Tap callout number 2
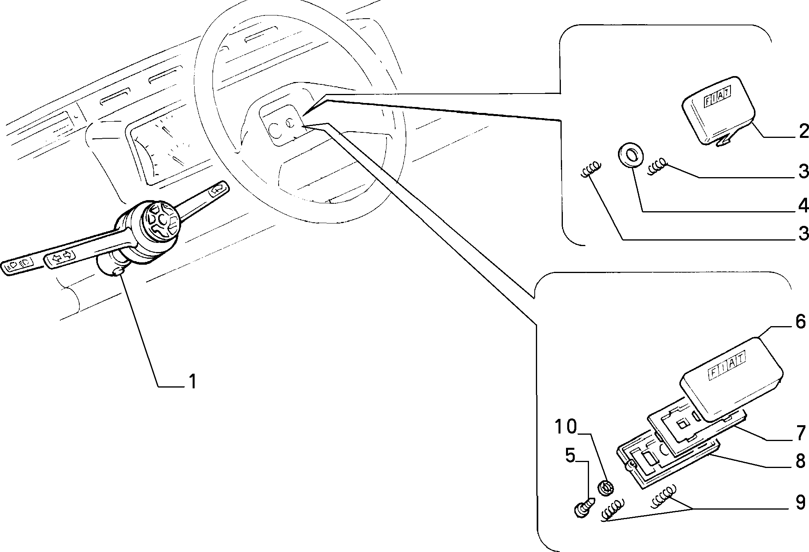803,131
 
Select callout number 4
803,206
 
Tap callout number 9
800,502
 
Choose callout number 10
566,427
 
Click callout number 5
570,456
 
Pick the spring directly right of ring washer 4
658,168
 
